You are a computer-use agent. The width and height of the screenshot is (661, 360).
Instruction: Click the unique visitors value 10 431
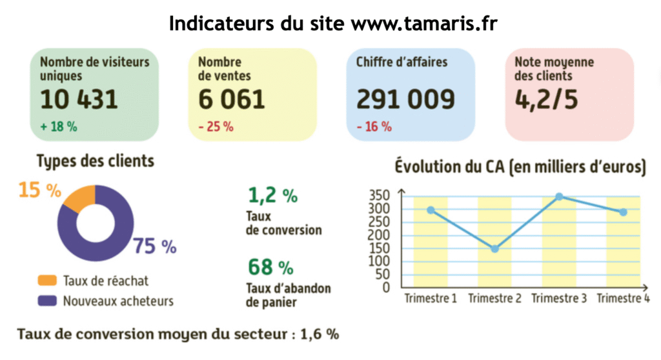tap(79, 99)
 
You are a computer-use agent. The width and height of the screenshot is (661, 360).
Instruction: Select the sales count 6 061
tap(232, 99)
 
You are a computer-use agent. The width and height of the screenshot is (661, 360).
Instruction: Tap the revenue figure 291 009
tap(405, 99)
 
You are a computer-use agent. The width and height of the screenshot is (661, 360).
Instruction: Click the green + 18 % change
tap(59, 127)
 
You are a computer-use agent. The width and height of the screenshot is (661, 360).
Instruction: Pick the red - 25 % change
tap(216, 127)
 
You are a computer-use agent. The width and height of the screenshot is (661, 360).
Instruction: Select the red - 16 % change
tap(374, 127)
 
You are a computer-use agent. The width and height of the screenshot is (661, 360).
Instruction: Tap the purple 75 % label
tap(155, 246)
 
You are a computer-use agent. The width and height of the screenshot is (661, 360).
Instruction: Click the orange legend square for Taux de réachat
tap(47, 281)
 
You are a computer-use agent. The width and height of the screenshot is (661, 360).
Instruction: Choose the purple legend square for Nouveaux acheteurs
tap(47, 301)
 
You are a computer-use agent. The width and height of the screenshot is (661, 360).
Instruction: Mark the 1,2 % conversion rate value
tap(272, 195)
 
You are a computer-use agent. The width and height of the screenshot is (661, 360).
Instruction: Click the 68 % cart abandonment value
tap(270, 266)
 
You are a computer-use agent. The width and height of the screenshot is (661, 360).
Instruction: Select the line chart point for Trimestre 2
tap(494, 248)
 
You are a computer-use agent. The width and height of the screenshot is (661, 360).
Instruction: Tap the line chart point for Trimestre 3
tap(559, 197)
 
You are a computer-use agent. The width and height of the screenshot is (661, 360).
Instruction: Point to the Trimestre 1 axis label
tap(431, 299)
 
